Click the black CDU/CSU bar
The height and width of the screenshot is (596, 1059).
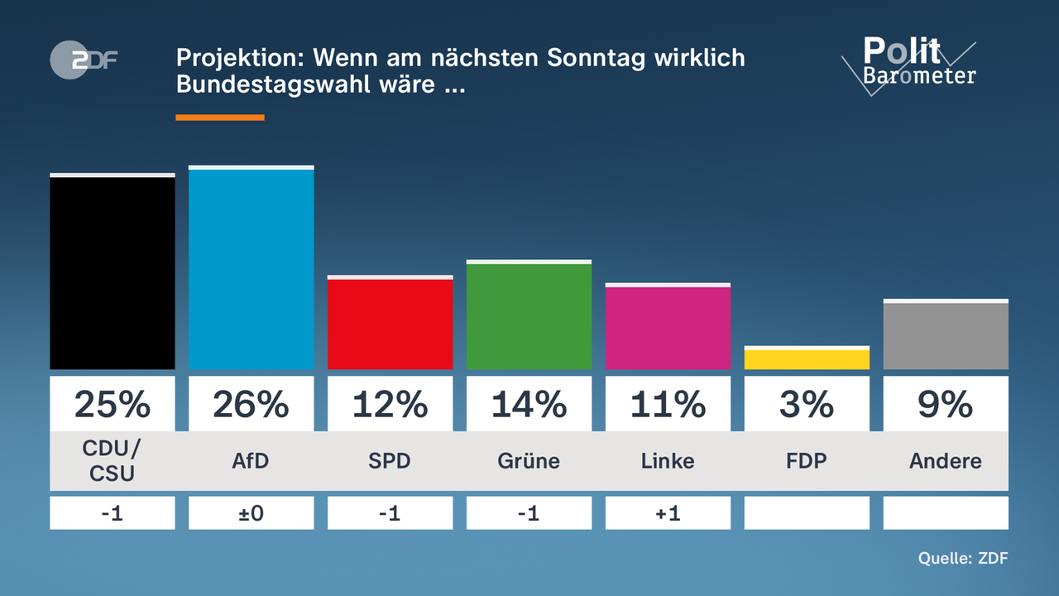113,272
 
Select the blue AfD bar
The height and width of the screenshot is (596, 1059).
252,269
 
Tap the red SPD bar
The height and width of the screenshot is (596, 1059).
390,324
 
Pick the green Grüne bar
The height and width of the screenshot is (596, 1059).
529,316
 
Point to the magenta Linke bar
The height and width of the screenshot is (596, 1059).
668,327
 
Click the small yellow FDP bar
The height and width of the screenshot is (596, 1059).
807,359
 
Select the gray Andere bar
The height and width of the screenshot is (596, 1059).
946,335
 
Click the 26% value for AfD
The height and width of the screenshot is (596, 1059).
252,404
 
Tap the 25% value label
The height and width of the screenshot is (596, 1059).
113,404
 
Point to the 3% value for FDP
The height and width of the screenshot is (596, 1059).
807,404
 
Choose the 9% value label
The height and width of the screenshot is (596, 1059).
946,404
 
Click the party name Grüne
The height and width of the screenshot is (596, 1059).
529,461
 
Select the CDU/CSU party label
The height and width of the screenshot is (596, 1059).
113,461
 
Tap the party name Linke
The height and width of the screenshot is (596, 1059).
668,461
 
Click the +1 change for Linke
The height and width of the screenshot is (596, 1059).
668,513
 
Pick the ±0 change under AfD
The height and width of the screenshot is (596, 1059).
252,513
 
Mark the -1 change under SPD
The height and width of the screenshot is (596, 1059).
390,513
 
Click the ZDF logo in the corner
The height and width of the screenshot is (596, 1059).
83,61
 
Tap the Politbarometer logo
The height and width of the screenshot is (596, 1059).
910,63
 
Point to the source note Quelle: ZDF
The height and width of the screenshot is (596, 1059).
963,559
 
